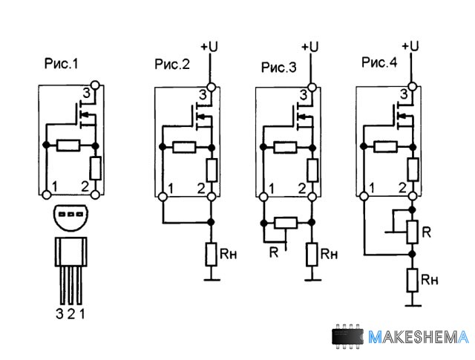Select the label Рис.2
click(172, 65)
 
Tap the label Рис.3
click(278, 68)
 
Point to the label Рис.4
click(379, 63)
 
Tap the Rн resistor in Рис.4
click(413, 280)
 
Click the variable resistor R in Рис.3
click(286, 223)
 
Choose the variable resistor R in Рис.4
click(413, 232)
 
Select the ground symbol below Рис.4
click(413, 304)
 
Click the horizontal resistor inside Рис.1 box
click(71, 145)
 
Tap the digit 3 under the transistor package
click(59, 313)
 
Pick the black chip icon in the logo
click(348, 337)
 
